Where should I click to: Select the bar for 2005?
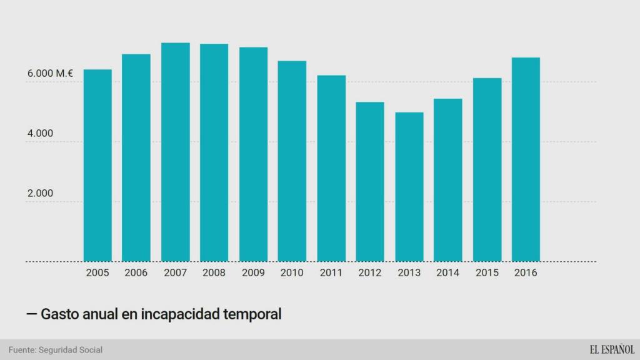[97, 166]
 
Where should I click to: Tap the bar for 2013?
[409, 187]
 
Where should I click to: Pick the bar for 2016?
[526, 159]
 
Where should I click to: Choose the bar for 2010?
[292, 161]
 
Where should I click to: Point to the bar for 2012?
[370, 182]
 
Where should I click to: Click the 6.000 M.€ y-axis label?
[50, 74]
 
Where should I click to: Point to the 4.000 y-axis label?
[40, 134]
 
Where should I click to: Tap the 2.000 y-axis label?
[40, 194]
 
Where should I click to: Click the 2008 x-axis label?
[214, 273]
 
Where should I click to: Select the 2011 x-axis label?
[331, 273]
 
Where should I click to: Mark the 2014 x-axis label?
[447, 273]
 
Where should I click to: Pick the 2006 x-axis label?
[136, 273]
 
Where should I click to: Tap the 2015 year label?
[486, 273]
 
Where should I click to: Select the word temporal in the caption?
[251, 314]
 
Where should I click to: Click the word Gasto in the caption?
[59, 314]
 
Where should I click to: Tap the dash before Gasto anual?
[31, 314]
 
